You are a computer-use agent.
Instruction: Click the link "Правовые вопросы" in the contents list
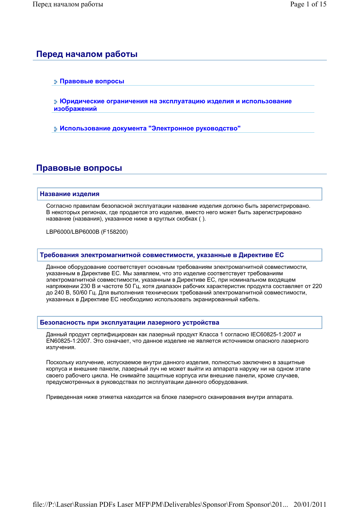pos(92,81)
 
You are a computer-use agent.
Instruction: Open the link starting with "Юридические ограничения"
pos(175,101)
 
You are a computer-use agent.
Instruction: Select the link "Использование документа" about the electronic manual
pos(150,129)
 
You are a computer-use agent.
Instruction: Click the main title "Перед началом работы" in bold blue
pos(87,54)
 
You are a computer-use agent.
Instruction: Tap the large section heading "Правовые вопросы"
pos(79,168)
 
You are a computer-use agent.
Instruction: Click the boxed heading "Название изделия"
pos(70,194)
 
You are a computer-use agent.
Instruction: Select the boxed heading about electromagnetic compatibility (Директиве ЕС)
pos(162,255)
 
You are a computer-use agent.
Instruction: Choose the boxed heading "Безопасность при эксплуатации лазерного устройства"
pos(129,323)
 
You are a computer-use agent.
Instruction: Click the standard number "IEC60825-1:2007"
pos(273,334)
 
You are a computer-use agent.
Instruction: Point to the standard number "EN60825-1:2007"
pos(68,341)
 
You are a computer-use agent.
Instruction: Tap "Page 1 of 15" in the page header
pos(308,4)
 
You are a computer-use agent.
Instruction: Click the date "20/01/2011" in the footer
pos(310,504)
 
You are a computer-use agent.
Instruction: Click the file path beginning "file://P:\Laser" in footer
pos(160,504)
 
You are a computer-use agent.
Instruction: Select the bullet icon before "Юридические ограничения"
pos(56,102)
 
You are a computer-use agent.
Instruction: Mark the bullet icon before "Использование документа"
pos(56,129)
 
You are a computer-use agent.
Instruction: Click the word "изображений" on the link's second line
pos(75,109)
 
